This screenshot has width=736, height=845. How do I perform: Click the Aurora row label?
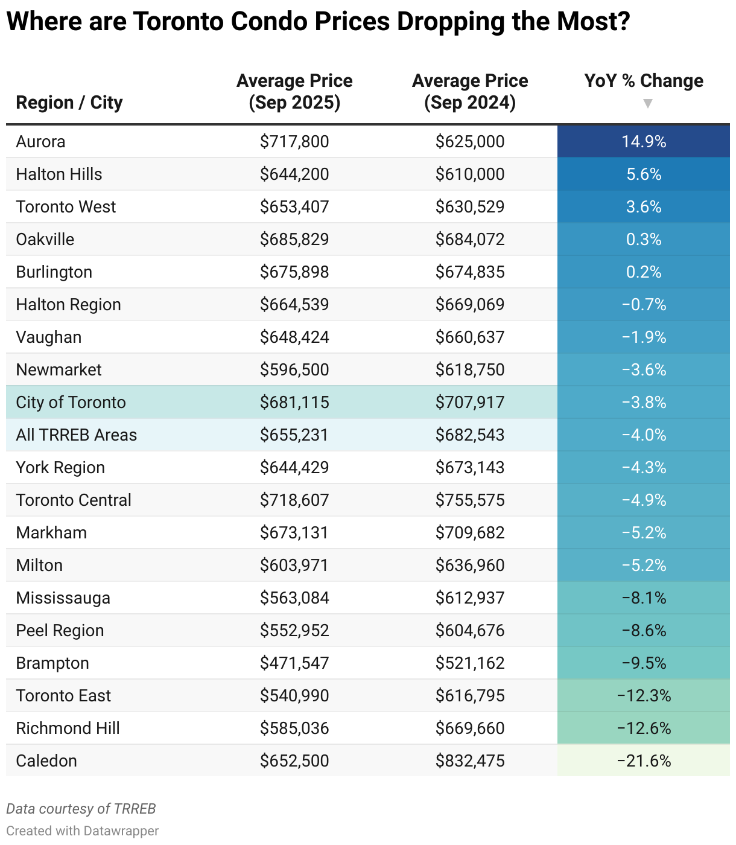click(x=40, y=142)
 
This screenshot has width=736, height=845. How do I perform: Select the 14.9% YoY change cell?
click(x=644, y=142)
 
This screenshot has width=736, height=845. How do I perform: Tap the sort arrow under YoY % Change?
click(x=647, y=104)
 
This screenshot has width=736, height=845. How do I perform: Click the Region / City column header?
click(x=69, y=103)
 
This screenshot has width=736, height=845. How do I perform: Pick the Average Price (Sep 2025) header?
click(x=294, y=92)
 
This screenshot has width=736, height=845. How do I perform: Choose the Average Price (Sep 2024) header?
click(x=470, y=92)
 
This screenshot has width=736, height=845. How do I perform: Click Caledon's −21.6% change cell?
click(x=644, y=761)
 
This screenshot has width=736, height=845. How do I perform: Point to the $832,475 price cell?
click(x=470, y=761)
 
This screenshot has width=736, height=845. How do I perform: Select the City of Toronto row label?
click(x=71, y=403)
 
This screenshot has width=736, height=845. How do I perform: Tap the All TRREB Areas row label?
click(x=77, y=435)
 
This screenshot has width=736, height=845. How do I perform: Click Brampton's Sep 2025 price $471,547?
click(x=294, y=663)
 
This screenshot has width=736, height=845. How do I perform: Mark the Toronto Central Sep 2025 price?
click(x=294, y=500)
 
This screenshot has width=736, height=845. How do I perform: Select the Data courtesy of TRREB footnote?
click(x=81, y=809)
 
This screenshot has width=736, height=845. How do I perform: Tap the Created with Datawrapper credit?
click(x=83, y=831)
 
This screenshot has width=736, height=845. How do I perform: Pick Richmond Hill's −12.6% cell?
click(x=644, y=729)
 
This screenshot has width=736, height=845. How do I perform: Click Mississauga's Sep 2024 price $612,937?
click(x=470, y=598)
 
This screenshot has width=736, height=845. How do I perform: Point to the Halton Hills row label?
click(x=59, y=174)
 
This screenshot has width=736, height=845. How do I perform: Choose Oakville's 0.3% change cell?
click(x=644, y=240)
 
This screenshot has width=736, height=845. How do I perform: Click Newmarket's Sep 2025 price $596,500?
click(x=294, y=370)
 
